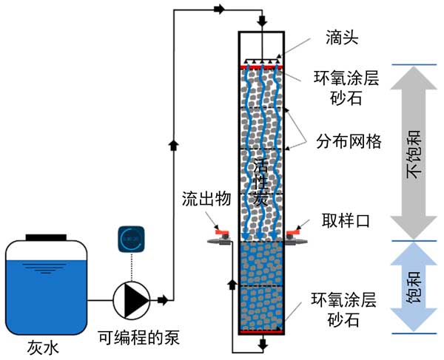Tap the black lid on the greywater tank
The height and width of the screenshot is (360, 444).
(47, 237)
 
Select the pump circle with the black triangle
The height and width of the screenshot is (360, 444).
(130, 299)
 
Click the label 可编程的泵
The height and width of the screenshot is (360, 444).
(139, 339)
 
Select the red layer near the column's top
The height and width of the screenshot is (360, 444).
(261, 67)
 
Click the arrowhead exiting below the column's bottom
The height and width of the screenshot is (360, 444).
(261, 344)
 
